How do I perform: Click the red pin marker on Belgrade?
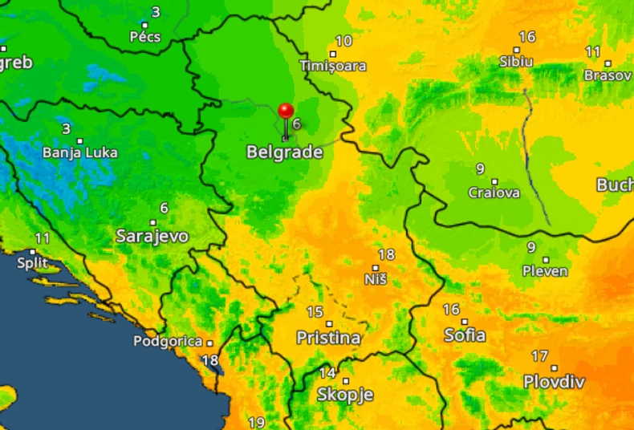pos(286,112)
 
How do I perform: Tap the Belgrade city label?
pos(284,152)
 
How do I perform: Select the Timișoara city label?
pos(333,66)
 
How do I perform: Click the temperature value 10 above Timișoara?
pos(343,41)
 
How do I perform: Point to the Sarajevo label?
pos(152,236)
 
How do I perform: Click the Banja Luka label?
pos(79,152)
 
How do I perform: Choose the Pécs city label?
pos(145,36)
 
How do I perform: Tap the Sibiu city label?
pos(515,61)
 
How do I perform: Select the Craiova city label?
pos(494,193)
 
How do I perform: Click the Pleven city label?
pos(545,271)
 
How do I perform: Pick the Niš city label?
pos(376,279)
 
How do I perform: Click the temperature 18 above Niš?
pos(386,254)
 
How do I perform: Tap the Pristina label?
pos(328,338)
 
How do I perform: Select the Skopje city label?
pos(345,394)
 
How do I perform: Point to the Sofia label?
pos(465,335)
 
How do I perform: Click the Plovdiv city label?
pos(554,381)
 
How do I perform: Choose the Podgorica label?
pos(168,341)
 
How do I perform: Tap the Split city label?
pos(32,262)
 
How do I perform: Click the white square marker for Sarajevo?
pos(152,222)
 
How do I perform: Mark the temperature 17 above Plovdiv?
pos(539,356)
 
